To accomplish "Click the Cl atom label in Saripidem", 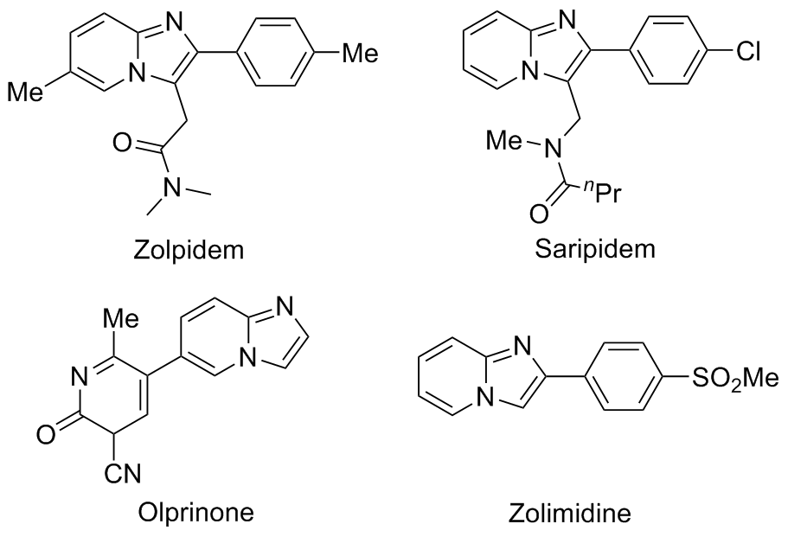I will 748,55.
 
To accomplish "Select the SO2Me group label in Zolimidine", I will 740,379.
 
